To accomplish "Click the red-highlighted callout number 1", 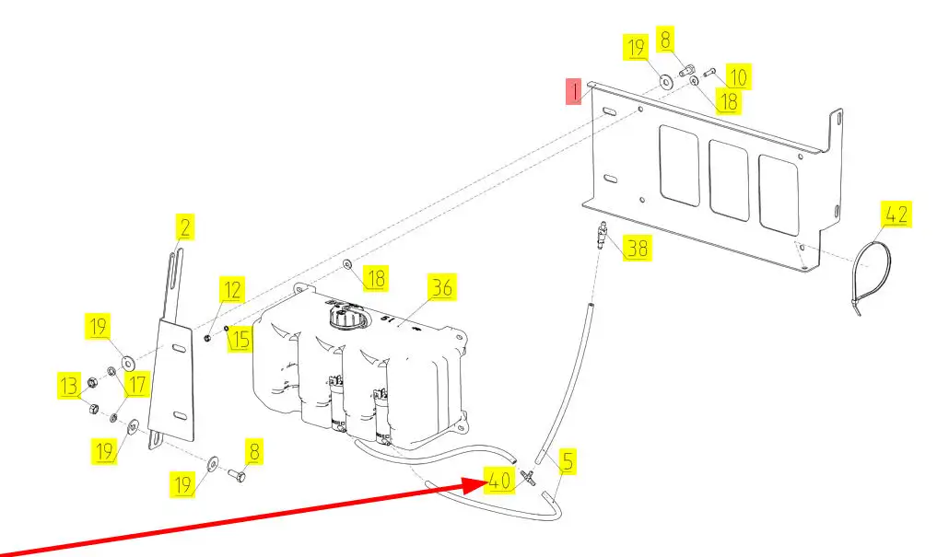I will [575, 92].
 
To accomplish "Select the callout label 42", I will [896, 215].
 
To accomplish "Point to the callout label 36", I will [442, 287].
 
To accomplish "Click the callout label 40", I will [498, 481].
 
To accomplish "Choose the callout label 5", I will [568, 460].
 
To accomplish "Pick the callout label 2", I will [185, 226].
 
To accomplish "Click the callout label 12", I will [232, 291].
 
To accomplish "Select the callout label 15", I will [240, 339].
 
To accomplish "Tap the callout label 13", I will [67, 384].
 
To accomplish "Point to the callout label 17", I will [136, 385].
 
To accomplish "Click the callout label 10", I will [739, 75].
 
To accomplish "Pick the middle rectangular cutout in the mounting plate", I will [729, 181].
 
